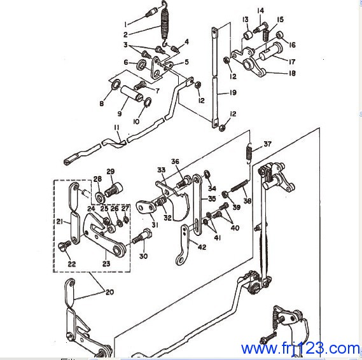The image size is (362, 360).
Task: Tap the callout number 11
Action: coord(117,127)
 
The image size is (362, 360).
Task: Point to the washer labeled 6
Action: coord(141,64)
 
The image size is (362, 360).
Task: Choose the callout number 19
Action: coord(233,92)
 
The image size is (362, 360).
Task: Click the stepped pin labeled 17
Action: coord(270,52)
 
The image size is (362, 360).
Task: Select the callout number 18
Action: coord(292,73)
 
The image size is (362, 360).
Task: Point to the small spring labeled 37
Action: coord(249,153)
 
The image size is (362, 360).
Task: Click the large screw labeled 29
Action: coord(114,190)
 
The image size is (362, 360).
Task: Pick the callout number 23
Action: coord(106,263)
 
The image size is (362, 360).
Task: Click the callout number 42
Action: coord(202,247)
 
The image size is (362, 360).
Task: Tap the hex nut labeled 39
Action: coord(225,194)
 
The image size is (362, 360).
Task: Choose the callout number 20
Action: coord(110,292)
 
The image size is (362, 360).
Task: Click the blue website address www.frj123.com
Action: coord(300,348)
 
